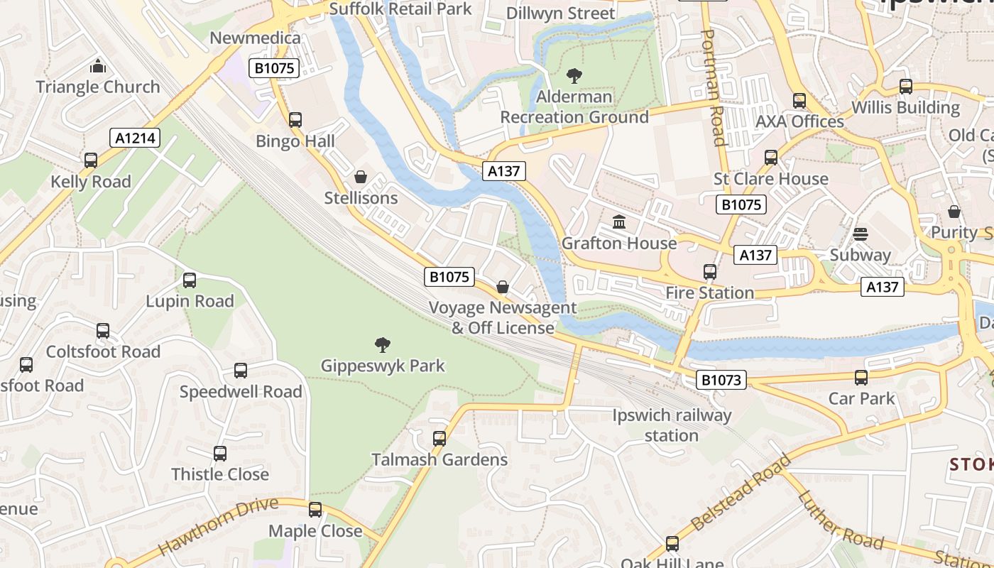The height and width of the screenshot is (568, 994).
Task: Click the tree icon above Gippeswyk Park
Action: click(x=383, y=345)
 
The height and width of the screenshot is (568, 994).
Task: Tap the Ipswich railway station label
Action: click(x=672, y=425)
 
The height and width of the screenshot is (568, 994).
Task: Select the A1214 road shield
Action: click(x=135, y=138)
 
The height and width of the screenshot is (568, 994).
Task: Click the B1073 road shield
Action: click(x=721, y=380)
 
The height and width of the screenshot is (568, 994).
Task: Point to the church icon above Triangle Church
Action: click(x=98, y=66)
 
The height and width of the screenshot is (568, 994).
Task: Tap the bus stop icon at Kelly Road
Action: click(x=91, y=160)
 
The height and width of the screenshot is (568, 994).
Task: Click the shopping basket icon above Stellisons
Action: click(x=361, y=176)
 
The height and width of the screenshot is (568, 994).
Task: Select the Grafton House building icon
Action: click(x=619, y=222)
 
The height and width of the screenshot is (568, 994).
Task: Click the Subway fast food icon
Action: click(x=861, y=234)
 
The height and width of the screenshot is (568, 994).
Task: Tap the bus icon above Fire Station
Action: click(x=710, y=271)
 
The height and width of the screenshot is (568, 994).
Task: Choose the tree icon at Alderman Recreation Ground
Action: click(x=574, y=75)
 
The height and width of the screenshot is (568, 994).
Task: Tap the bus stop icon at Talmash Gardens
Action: click(x=439, y=439)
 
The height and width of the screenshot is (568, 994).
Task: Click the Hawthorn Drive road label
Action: click(x=217, y=526)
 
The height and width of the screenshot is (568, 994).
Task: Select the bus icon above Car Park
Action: click(x=861, y=377)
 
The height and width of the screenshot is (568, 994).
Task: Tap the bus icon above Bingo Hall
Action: click(x=295, y=120)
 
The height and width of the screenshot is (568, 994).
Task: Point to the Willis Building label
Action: click(x=905, y=108)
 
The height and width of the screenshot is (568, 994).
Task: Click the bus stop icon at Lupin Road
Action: click(x=190, y=280)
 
